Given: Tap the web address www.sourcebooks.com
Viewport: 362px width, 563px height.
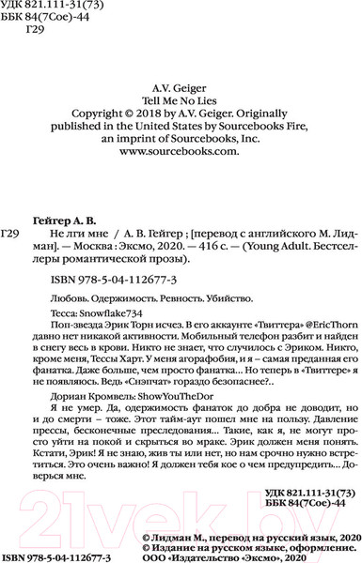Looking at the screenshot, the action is tap(180, 149).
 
